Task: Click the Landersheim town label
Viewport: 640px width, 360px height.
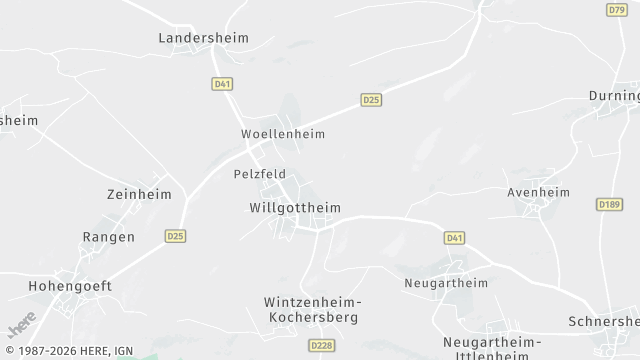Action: (x=203, y=38)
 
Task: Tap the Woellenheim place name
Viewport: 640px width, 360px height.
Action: (x=283, y=133)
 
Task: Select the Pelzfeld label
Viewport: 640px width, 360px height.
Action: (x=259, y=173)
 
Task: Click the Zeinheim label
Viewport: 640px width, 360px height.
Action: (x=139, y=194)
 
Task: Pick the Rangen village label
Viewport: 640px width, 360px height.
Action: (x=108, y=237)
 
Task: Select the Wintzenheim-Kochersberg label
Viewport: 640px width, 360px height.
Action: (x=312, y=309)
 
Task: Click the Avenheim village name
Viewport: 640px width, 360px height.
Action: (x=538, y=192)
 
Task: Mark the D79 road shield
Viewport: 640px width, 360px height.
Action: (x=616, y=9)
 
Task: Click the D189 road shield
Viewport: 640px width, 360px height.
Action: (x=609, y=204)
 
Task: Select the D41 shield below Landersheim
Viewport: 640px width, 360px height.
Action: (x=222, y=85)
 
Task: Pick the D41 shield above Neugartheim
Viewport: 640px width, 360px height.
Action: (x=455, y=238)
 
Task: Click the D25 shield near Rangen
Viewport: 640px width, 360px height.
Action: (x=175, y=236)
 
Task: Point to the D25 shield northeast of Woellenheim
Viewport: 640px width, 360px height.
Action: (x=371, y=100)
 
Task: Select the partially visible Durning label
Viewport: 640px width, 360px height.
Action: (x=614, y=97)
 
